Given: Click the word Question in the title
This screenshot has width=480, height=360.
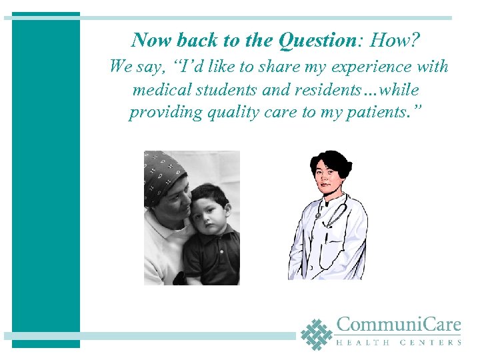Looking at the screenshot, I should pos(317,41).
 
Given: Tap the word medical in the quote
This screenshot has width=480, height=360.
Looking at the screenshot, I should pos(160,89).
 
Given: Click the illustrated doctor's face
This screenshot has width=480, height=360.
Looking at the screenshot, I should pos(327,179).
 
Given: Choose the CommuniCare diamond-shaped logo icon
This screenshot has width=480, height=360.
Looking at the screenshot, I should pos(316,333).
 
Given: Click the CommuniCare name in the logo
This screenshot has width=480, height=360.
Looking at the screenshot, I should pos(399,325).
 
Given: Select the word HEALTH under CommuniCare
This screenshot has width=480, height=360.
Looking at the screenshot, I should pos(361,343).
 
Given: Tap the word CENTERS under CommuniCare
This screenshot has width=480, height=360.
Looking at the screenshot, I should pos(431,343).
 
